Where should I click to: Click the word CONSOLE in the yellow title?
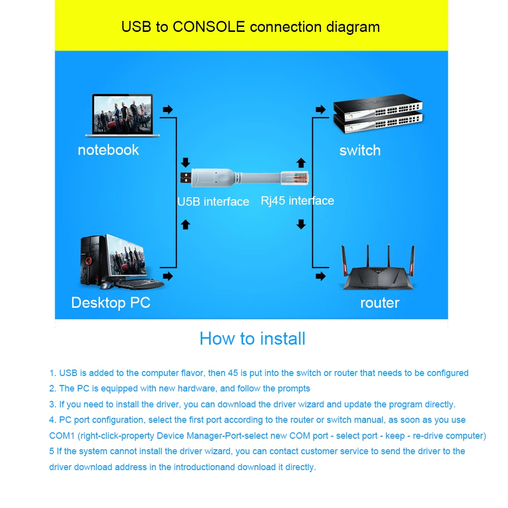tap(209, 26)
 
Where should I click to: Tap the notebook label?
tap(108, 150)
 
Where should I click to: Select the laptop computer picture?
tap(123, 115)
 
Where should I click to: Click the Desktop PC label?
tap(111, 303)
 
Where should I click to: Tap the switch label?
tap(360, 150)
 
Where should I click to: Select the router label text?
tap(380, 303)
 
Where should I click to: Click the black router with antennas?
tap(378, 267)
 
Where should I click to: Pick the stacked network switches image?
tap(378, 114)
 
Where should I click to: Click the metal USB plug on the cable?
tap(186, 177)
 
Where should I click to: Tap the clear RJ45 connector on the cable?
tap(295, 178)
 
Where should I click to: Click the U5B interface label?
tap(213, 202)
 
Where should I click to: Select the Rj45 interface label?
tap(297, 201)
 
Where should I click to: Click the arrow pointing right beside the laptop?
tap(168, 110)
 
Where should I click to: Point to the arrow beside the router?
tap(321, 276)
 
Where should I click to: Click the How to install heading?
tap(253, 339)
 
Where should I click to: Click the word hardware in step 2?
tap(197, 388)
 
